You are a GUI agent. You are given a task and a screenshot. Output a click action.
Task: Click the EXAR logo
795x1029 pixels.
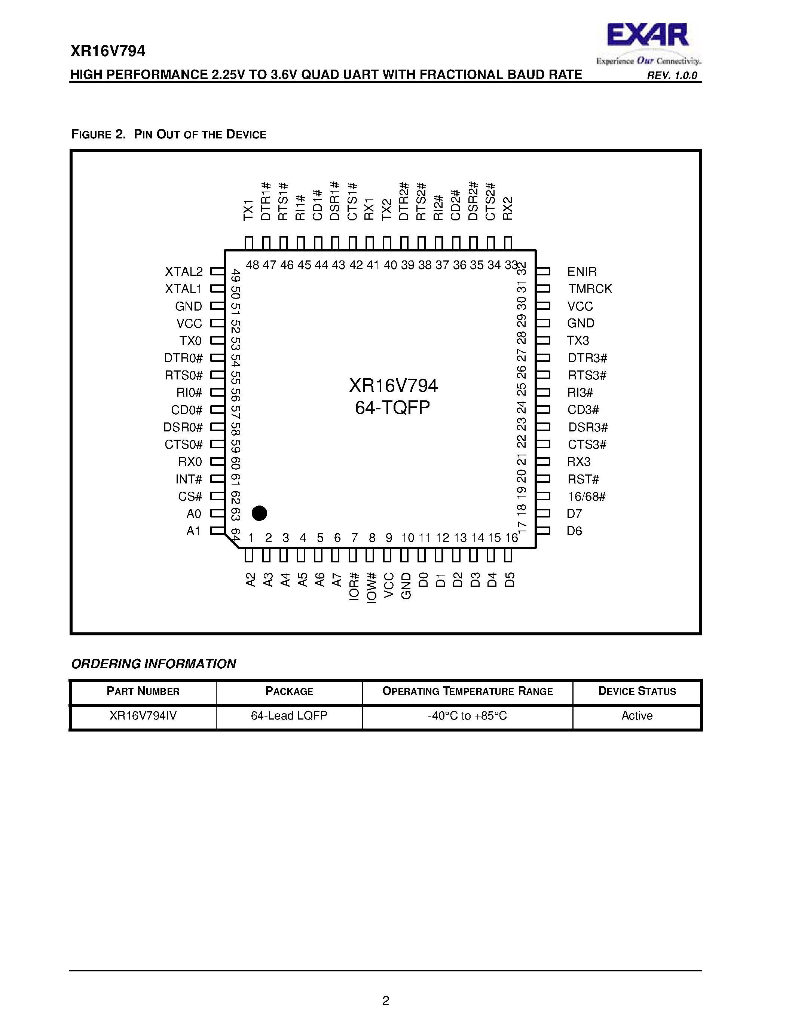click(648, 42)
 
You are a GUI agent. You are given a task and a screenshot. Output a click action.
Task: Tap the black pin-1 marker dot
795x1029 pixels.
click(259, 513)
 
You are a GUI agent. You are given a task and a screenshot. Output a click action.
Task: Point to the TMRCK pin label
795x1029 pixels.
click(590, 289)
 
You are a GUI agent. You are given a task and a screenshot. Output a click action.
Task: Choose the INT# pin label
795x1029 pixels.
click(189, 479)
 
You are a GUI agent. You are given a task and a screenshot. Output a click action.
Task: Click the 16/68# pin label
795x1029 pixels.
click(586, 497)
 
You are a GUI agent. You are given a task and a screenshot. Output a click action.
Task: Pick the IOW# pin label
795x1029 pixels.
click(371, 587)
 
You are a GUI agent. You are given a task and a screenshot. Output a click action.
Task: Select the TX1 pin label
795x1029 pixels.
click(248, 210)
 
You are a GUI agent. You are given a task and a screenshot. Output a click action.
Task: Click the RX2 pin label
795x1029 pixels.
click(507, 208)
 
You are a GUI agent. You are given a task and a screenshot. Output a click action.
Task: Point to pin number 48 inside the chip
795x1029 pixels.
click(253, 265)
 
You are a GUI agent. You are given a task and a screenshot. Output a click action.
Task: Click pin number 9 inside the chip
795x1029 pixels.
click(389, 538)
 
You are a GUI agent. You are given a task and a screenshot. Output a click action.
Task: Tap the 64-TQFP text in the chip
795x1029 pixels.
click(392, 407)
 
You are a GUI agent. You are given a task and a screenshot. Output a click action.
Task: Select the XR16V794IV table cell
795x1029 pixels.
click(143, 716)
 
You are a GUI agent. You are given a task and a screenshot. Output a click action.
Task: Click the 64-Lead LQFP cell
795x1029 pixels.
click(289, 716)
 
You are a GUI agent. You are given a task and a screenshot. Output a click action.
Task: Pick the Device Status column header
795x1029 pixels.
click(637, 691)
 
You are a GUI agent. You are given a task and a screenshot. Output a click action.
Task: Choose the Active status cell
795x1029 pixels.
click(637, 716)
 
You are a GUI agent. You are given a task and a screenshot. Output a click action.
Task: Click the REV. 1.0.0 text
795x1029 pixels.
click(672, 75)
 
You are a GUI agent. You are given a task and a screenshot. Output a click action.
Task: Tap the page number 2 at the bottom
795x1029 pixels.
click(386, 1000)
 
